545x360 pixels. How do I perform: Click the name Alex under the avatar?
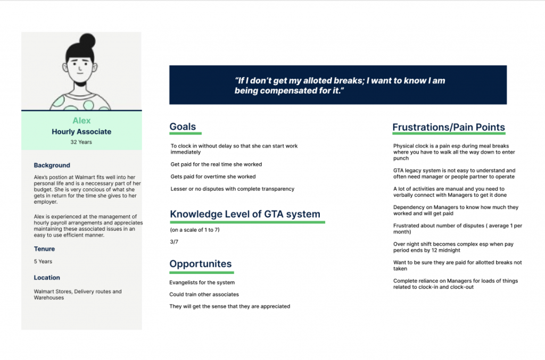(81, 121)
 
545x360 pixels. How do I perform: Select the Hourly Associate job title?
(81, 132)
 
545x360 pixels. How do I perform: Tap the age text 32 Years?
(81, 143)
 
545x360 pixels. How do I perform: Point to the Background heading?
(52, 165)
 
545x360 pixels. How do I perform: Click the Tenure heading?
(44, 249)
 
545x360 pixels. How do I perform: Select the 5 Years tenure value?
(43, 262)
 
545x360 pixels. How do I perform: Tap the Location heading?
(47, 278)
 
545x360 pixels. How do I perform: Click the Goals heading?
(183, 127)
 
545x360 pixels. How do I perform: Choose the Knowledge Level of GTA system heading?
(245, 214)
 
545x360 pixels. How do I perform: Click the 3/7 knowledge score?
(174, 242)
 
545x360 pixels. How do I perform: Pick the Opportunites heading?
(201, 264)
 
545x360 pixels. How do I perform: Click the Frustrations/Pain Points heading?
(448, 127)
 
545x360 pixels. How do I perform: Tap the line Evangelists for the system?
(202, 282)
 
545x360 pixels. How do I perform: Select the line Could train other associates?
(204, 294)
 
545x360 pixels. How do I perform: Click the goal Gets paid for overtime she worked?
(213, 177)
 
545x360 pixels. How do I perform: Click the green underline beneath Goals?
(185, 133)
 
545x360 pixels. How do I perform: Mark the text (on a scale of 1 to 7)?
(195, 230)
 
